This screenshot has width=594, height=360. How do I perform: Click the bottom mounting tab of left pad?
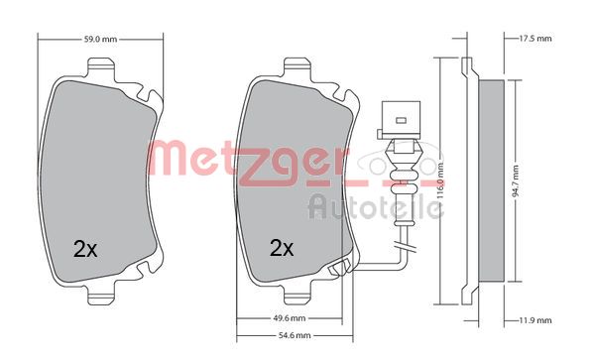tap(103, 297)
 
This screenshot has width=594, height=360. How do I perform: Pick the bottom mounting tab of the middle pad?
tap(298, 297)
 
